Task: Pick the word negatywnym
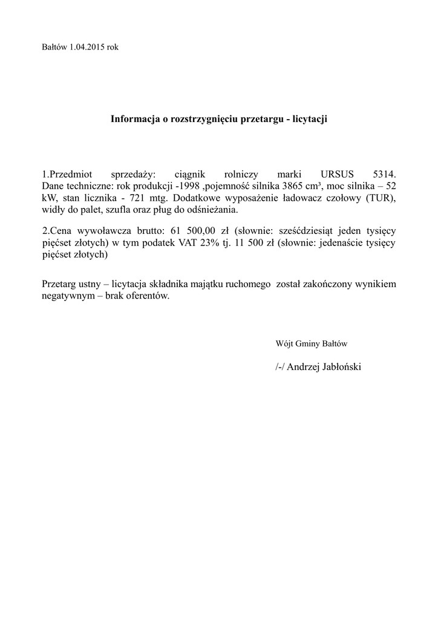click(67, 297)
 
